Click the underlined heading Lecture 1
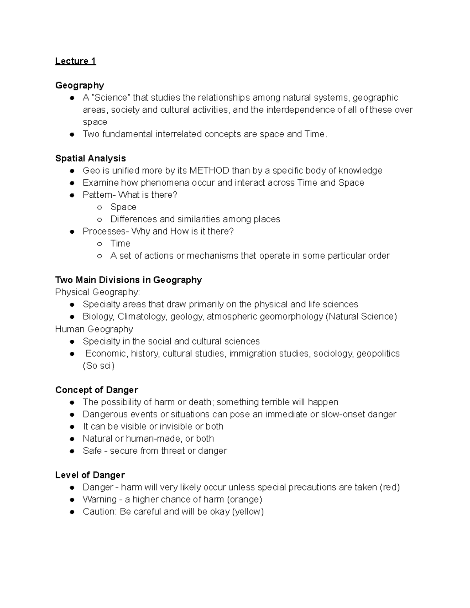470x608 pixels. [x=75, y=61]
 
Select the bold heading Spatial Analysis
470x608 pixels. [x=90, y=158]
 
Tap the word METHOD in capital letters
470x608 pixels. [x=209, y=171]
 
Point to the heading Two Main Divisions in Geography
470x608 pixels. [x=128, y=280]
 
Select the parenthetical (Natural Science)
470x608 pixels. [x=361, y=316]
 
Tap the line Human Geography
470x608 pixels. [x=94, y=329]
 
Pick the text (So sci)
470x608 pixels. [x=98, y=366]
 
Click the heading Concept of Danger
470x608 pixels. [x=96, y=390]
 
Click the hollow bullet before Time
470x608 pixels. [x=100, y=244]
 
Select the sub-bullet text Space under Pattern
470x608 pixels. [x=123, y=207]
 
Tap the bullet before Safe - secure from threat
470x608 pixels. [x=72, y=451]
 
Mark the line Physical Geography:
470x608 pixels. [x=97, y=292]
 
